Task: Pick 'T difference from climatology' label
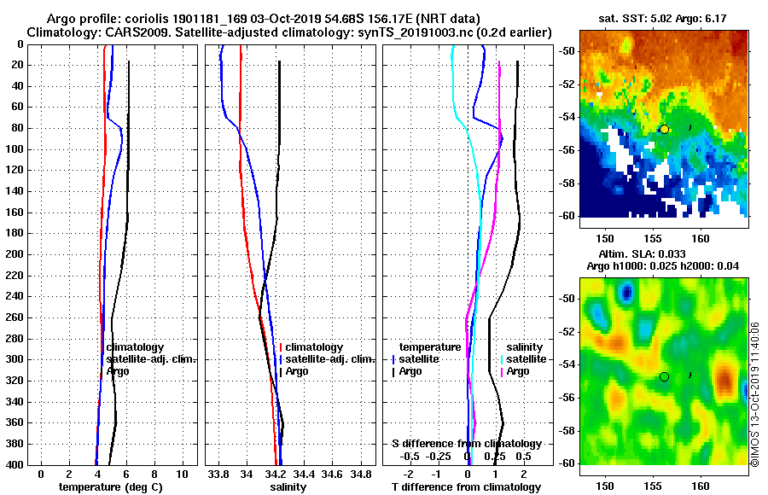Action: [466, 486]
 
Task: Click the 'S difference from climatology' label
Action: [466, 444]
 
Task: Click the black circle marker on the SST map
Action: [664, 129]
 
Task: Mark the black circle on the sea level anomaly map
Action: [664, 376]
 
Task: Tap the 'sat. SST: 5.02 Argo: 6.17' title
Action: [663, 18]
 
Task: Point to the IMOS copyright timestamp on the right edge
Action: [755, 393]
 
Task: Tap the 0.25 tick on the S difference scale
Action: [494, 456]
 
